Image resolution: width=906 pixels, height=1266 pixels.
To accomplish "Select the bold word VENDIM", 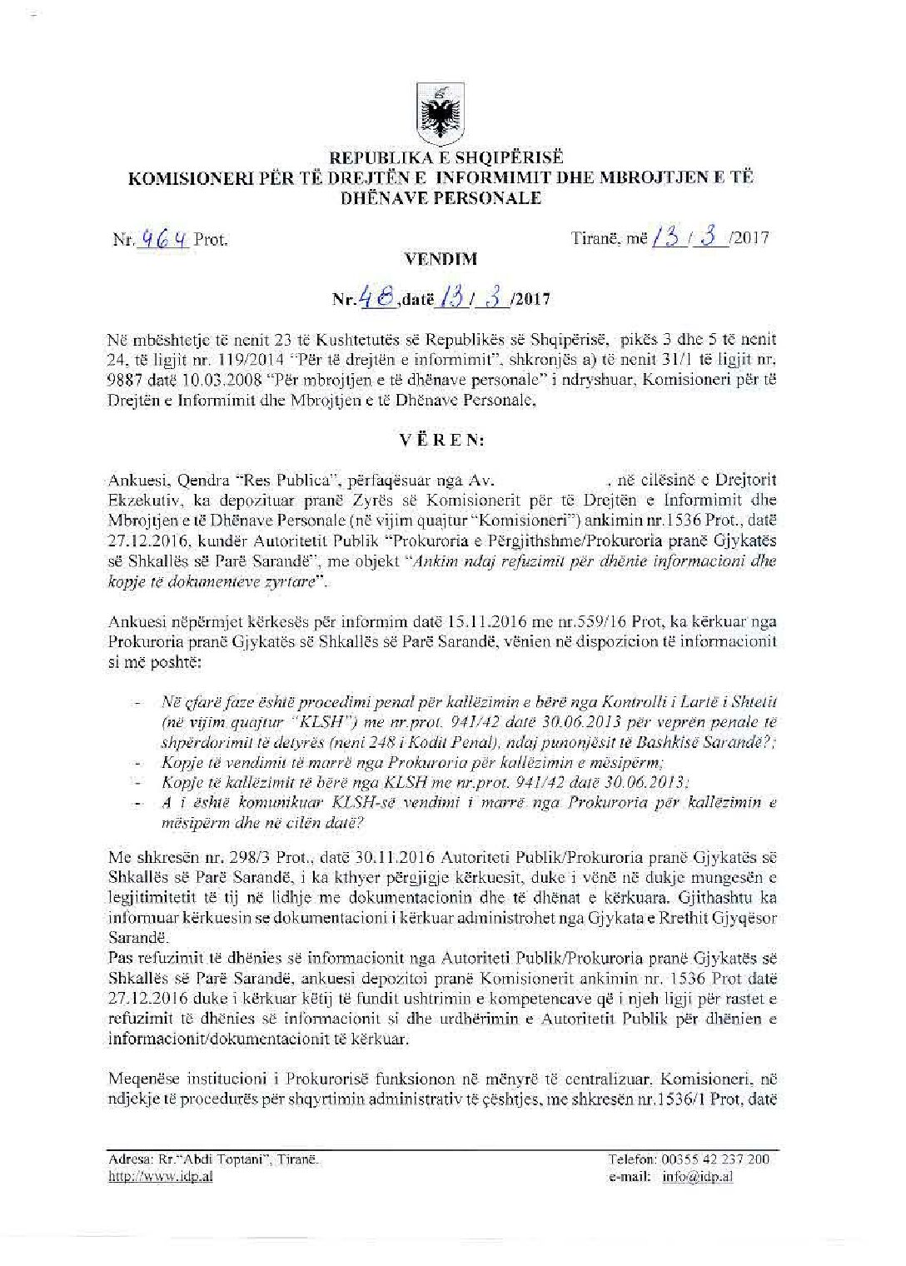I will point(440,259).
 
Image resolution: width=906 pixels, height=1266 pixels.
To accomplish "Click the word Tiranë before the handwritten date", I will point(597,238).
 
